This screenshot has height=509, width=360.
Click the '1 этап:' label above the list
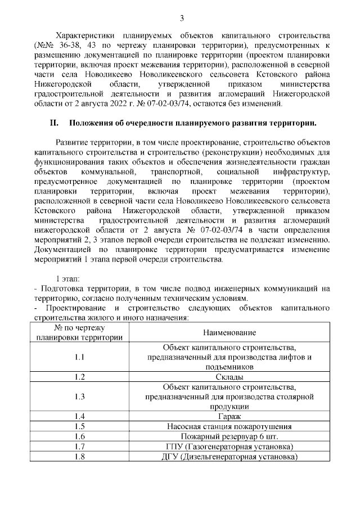[67, 280]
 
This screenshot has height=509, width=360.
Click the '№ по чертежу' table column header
[79, 328]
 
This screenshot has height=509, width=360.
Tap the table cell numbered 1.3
[79, 397]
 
